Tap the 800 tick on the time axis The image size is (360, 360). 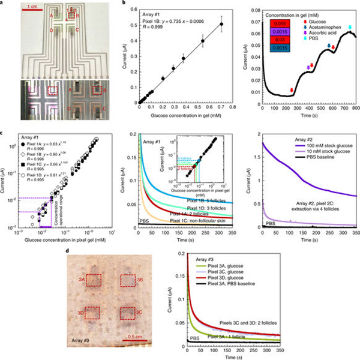355,109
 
